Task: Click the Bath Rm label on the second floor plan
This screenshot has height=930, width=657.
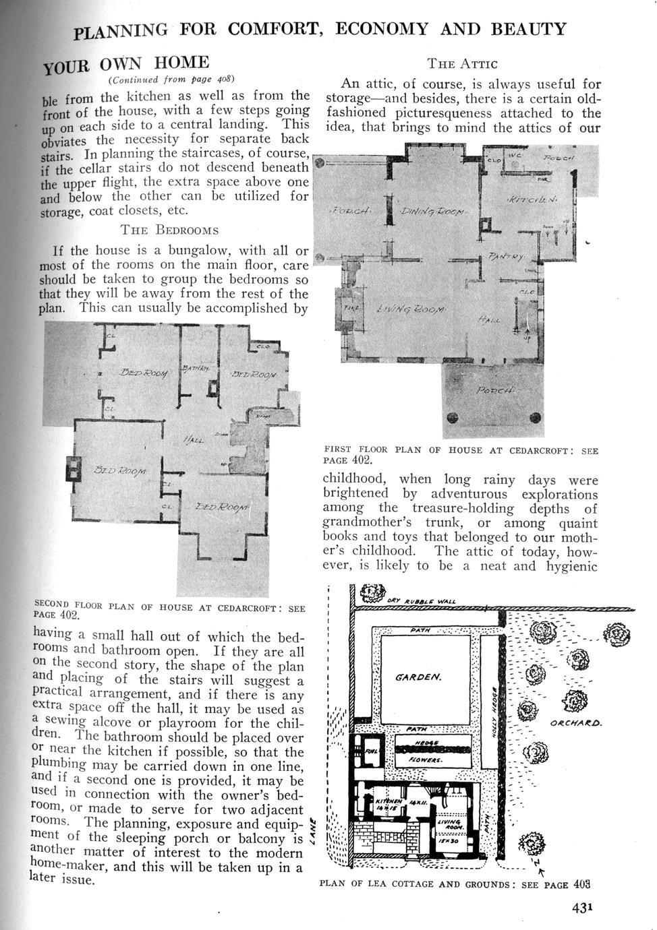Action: click(196, 368)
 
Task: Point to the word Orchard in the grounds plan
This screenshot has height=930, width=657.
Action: click(576, 724)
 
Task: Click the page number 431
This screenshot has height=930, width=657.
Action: click(582, 907)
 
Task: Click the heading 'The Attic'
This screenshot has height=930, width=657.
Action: click(462, 64)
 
